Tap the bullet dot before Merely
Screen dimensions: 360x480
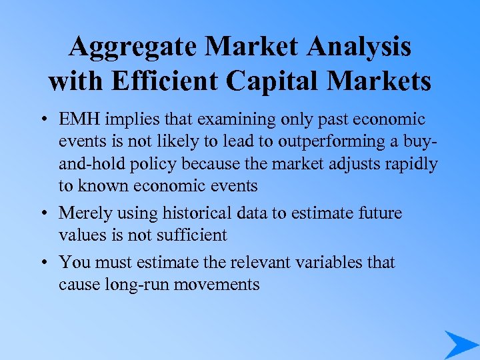pos(42,213)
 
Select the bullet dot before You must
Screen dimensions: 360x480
pos(42,263)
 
